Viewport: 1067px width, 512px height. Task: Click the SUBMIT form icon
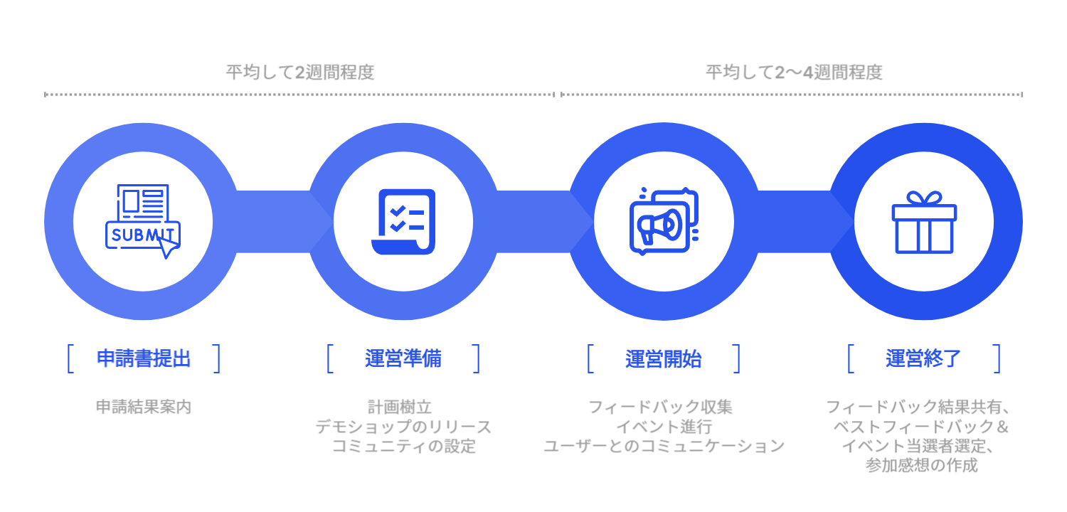click(x=142, y=221)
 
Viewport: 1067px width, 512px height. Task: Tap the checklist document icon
click(x=403, y=221)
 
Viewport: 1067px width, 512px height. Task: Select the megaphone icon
click(x=664, y=221)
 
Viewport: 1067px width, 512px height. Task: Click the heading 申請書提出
click(x=144, y=358)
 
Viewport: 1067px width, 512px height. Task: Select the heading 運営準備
click(x=403, y=358)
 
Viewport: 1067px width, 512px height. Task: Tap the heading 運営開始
click(x=664, y=358)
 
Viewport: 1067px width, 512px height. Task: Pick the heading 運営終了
click(x=923, y=358)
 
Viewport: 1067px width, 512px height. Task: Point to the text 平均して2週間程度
click(x=300, y=73)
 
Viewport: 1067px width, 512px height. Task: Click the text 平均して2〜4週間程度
click(x=794, y=73)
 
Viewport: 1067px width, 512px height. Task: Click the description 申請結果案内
click(x=144, y=407)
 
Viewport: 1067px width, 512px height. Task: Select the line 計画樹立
click(x=403, y=407)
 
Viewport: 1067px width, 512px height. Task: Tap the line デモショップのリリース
click(x=403, y=427)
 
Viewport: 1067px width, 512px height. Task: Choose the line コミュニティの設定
click(x=403, y=447)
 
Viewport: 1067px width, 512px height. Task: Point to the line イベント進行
click(x=664, y=427)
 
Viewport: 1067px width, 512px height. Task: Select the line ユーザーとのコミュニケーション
click(x=664, y=447)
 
